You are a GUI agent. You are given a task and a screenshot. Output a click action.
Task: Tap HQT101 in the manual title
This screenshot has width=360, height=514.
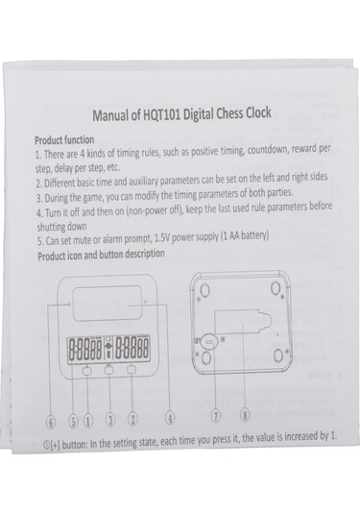point(162,114)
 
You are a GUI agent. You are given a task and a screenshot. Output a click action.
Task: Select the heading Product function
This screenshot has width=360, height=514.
point(64,140)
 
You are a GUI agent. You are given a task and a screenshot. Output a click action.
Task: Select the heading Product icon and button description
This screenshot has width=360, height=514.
point(101,255)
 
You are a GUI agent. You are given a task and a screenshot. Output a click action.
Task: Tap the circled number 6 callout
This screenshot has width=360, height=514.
point(51,422)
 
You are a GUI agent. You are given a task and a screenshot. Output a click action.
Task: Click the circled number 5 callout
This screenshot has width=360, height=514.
point(73,422)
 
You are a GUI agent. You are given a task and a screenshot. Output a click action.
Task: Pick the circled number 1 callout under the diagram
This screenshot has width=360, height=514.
point(87,421)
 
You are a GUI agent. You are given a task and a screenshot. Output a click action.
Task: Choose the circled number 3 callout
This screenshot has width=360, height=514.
point(110,420)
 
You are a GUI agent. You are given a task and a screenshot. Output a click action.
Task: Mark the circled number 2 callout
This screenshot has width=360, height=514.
point(132,419)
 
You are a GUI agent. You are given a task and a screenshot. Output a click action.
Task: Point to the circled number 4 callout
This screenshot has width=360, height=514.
point(169,418)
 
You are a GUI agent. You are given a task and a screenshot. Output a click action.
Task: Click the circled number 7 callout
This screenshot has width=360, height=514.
point(216,416)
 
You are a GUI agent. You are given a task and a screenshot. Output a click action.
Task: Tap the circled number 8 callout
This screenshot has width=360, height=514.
point(245,415)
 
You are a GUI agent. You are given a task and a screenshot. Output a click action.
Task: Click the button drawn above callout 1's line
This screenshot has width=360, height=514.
point(87,371)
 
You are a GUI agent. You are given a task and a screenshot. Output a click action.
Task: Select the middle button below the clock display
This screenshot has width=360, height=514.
point(109,370)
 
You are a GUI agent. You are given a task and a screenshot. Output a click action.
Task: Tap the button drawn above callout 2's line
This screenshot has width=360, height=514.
point(132,370)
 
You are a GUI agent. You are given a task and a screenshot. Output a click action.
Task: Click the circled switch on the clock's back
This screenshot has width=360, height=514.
point(209,342)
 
